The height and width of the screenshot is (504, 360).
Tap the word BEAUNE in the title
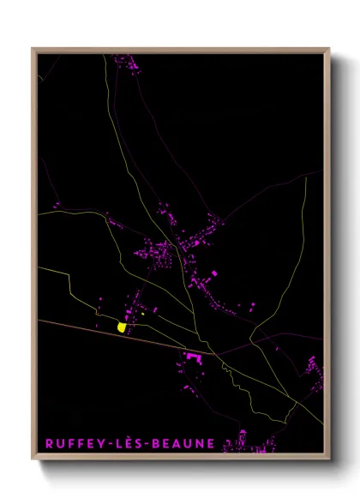(185, 444)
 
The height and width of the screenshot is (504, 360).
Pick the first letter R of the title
(48, 444)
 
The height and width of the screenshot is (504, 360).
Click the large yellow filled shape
(122, 327)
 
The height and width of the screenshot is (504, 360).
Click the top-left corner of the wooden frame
(33, 49)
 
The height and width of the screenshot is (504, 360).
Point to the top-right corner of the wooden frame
(328, 49)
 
